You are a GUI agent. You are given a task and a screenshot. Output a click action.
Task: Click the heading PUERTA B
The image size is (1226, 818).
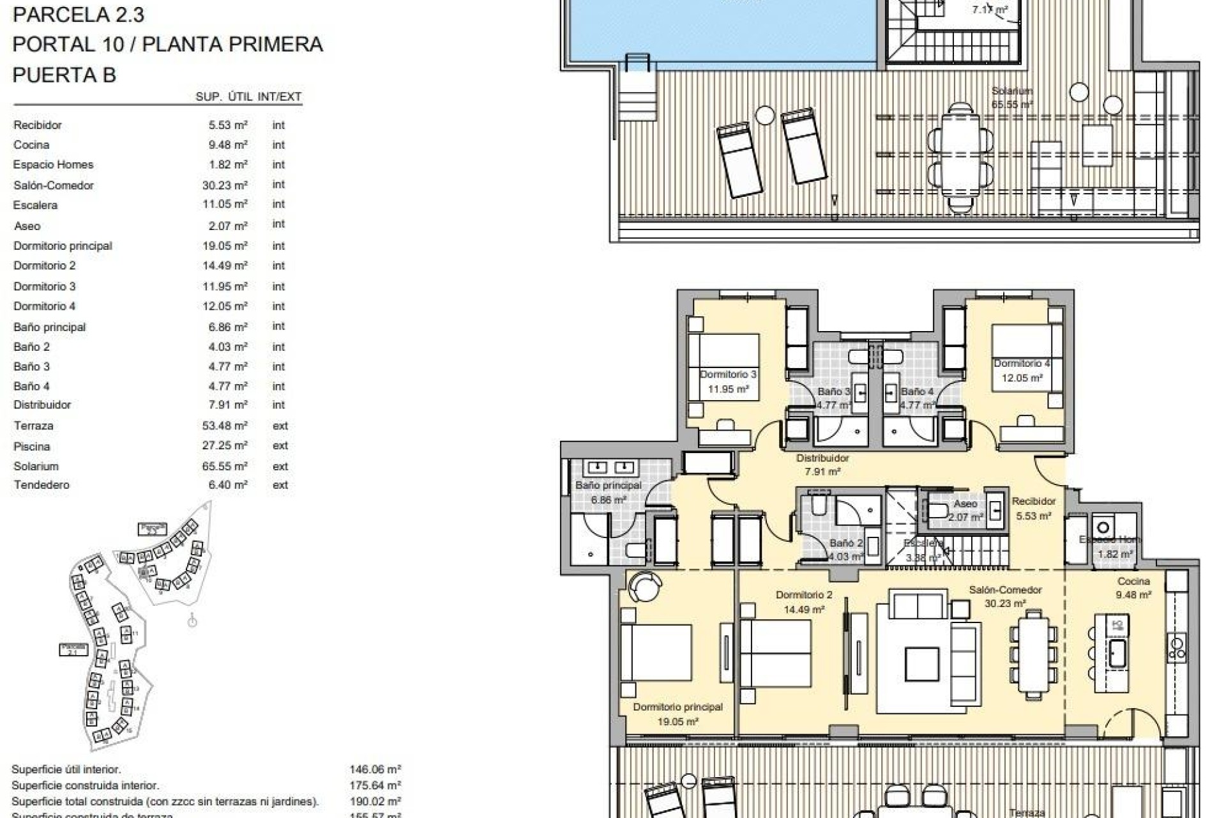64,75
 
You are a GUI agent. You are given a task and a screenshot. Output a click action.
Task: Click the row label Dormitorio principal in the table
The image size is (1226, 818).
63,246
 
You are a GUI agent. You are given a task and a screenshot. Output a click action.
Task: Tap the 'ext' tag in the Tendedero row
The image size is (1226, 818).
280,485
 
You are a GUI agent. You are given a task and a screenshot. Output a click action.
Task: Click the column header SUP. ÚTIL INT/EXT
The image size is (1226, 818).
248,97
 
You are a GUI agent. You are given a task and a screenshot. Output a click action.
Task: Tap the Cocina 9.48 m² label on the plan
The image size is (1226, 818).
1133,588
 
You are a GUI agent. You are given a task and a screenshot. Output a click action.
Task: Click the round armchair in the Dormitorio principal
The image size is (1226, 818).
640,586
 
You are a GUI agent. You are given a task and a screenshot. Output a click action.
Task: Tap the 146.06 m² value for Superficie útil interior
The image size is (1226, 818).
375,770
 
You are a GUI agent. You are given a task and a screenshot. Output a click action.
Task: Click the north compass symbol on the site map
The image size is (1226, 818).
192,621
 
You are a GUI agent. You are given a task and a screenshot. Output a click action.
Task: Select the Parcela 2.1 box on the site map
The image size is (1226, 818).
73,650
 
